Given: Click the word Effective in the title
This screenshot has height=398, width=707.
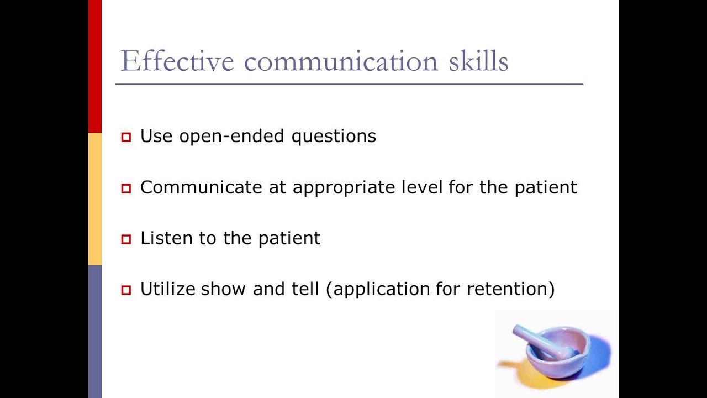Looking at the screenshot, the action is (177, 61).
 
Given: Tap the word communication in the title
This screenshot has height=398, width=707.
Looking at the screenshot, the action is (341, 61).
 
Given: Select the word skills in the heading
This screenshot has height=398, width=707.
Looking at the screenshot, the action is (478, 60).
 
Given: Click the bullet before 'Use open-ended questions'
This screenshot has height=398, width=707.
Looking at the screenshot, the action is (126, 137).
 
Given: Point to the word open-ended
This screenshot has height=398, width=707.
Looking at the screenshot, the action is (231, 136).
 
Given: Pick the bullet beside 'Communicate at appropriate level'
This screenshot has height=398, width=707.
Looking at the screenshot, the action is (126, 188).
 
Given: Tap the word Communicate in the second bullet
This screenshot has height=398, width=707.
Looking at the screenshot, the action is (201, 187).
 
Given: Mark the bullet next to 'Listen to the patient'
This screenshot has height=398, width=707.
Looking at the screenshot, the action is (126, 239).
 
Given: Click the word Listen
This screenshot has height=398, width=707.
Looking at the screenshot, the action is (166, 238).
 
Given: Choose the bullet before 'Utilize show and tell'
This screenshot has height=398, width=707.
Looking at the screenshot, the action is (126, 290).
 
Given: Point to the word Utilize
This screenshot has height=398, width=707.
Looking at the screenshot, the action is (168, 289).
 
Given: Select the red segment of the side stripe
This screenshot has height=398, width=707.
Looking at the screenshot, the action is (95, 66).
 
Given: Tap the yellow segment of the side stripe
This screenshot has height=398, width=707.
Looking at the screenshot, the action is (95, 199).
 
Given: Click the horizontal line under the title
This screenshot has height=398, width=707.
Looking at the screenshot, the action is (349, 85).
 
